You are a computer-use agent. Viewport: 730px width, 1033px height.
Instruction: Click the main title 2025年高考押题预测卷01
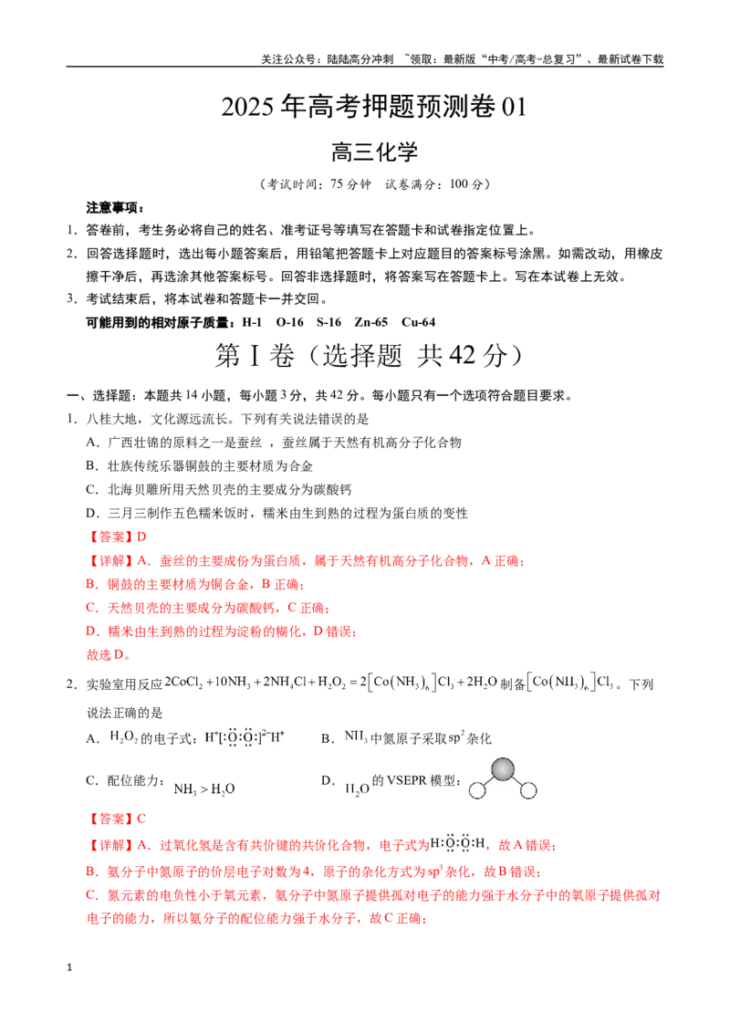tap(373, 106)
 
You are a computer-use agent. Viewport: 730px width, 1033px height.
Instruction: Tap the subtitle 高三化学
tap(374, 151)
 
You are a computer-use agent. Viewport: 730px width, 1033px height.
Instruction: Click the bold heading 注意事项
tap(115, 207)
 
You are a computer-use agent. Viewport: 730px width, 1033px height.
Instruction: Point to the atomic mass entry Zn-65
tap(370, 322)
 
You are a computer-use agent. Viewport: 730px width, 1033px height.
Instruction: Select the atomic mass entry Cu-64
tap(418, 322)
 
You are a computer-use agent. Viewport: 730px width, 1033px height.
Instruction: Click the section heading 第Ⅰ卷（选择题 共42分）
tap(369, 356)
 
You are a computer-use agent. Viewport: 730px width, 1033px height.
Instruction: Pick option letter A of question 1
tap(92, 443)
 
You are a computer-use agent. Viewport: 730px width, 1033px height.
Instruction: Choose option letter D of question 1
tap(92, 513)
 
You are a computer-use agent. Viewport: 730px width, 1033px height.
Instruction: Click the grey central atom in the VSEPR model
tap(503, 769)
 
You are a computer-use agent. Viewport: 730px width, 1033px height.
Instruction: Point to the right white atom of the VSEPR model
tap(528, 790)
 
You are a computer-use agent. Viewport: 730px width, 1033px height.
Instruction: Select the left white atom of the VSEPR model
tap(477, 790)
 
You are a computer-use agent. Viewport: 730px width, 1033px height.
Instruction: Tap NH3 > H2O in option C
tap(204, 789)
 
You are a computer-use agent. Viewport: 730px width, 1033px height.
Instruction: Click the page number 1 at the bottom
tap(69, 968)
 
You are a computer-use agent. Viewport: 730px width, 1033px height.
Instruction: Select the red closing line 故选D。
tap(109, 655)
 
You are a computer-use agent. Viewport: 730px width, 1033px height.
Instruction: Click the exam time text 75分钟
tap(350, 184)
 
